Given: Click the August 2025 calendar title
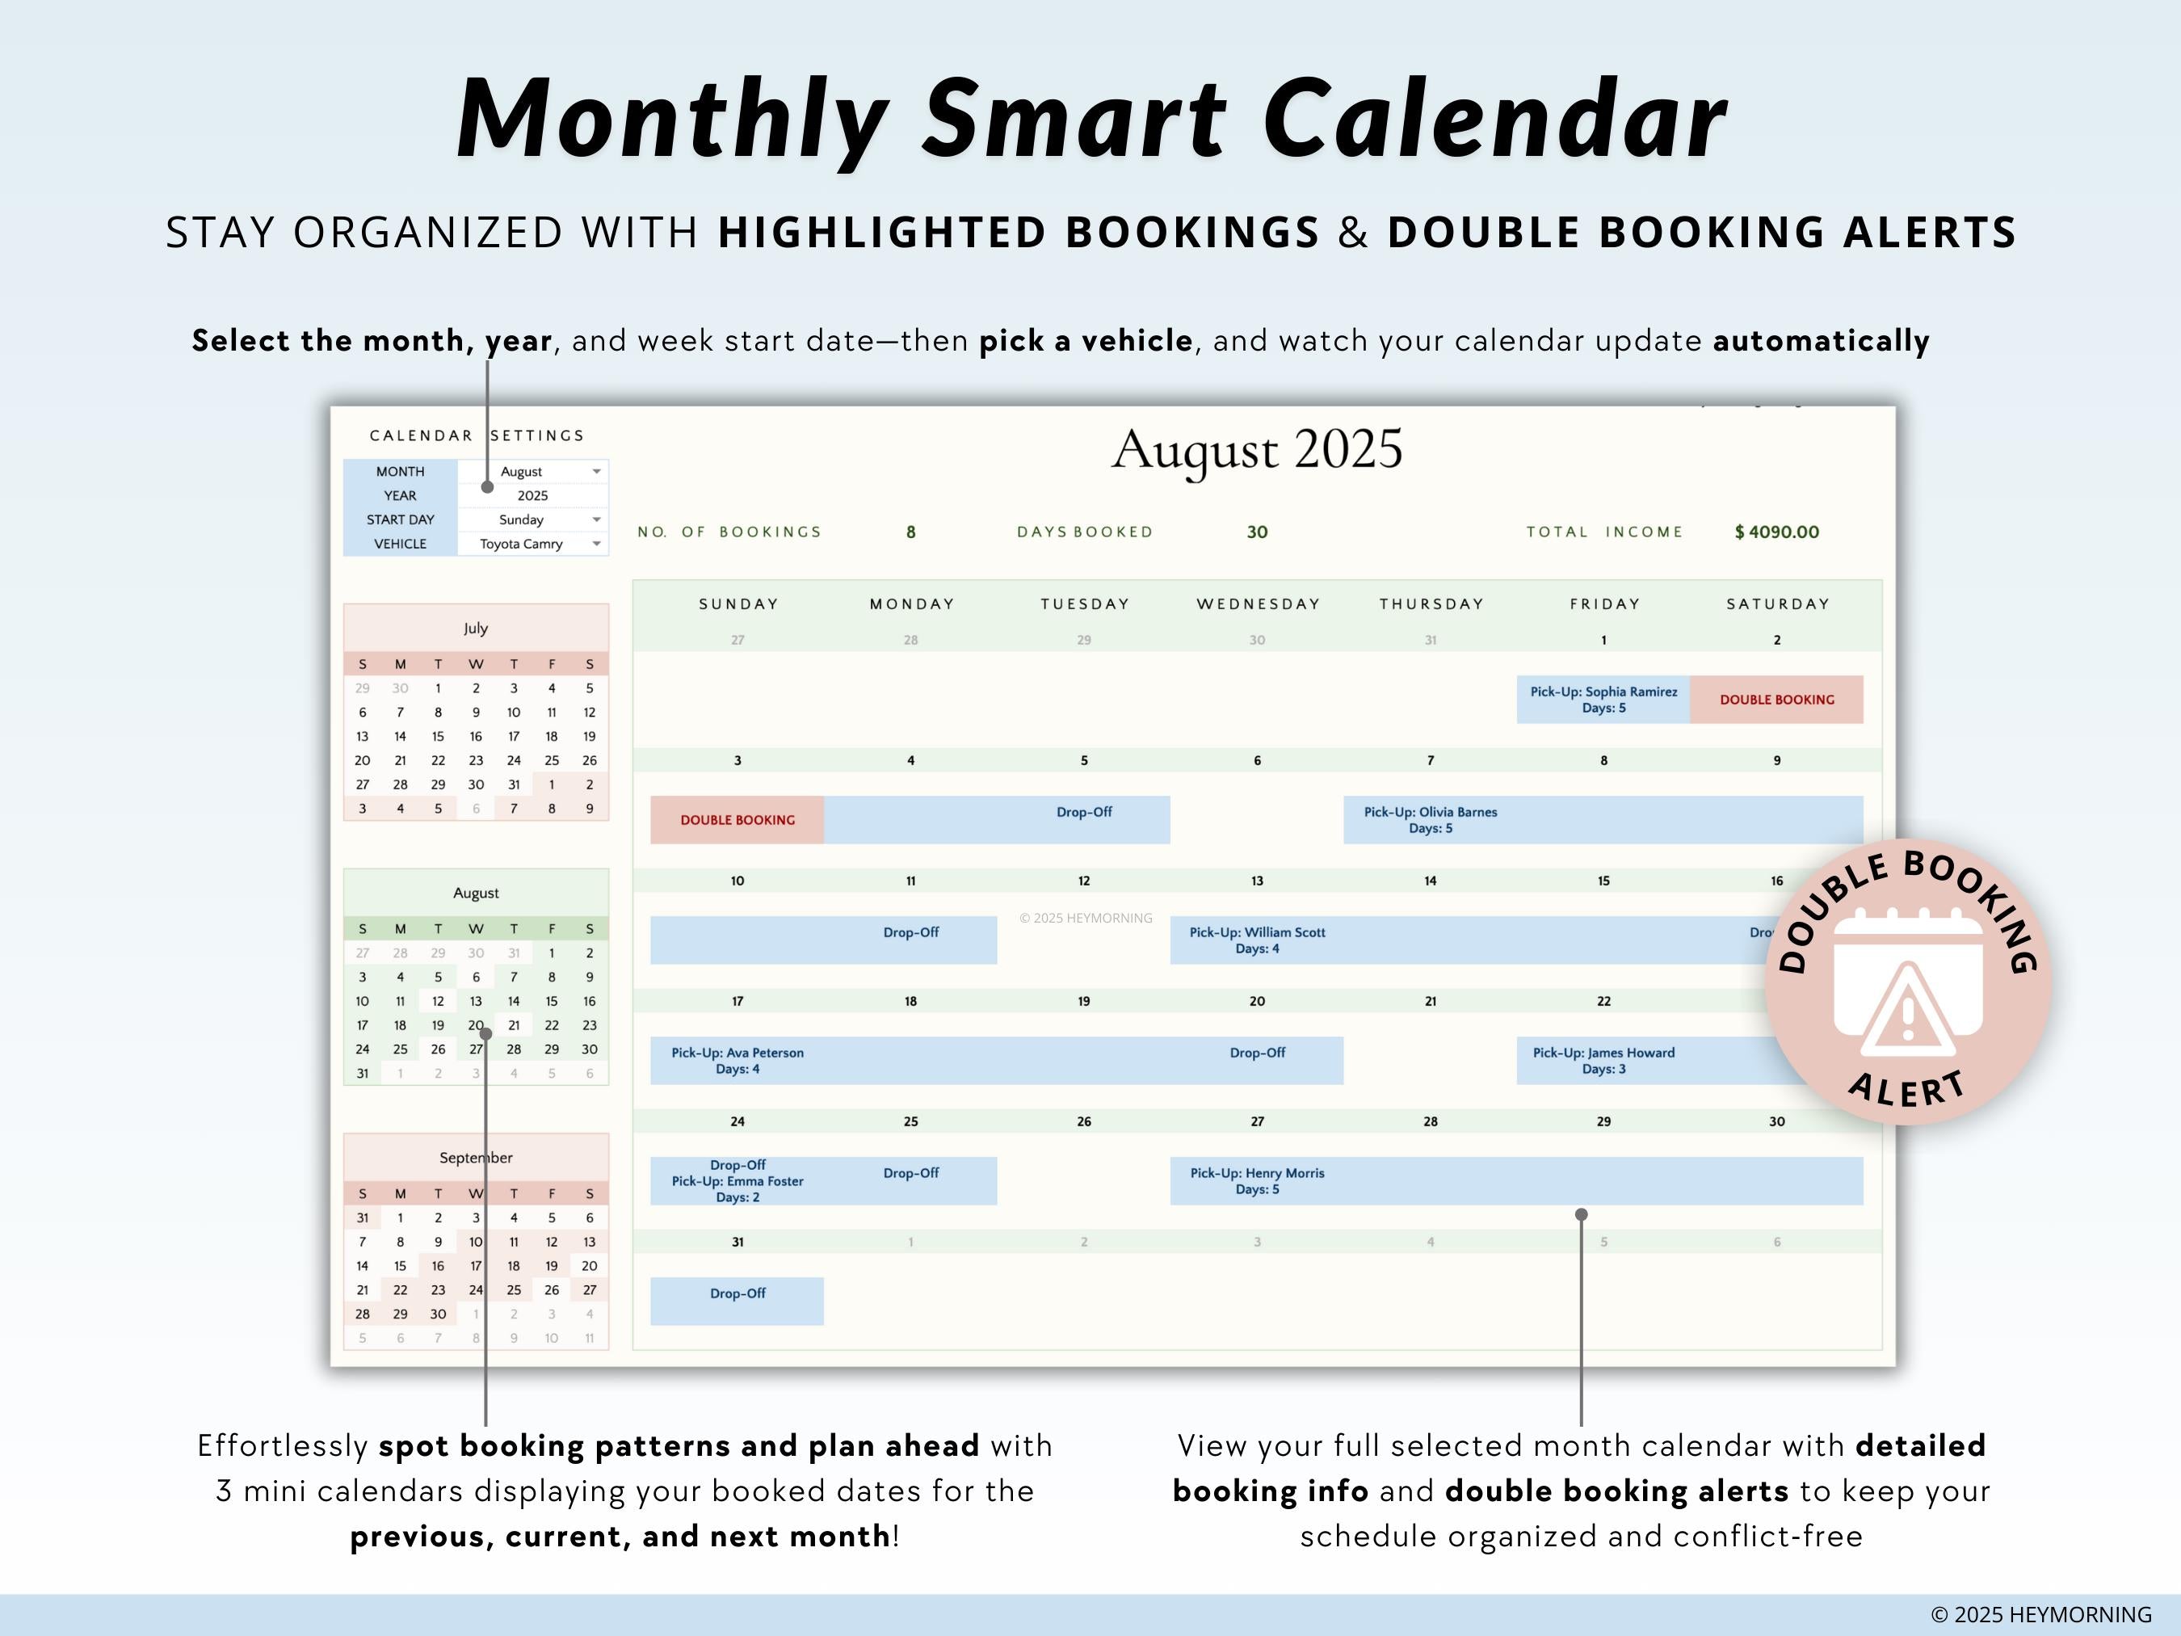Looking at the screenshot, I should [x=1256, y=450].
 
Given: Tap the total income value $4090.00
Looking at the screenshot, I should [x=1777, y=532].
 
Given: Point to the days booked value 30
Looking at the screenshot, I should [x=1256, y=532].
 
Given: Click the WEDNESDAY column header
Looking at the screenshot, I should [x=1259, y=604].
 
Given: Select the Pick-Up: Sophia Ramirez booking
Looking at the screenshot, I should [x=1603, y=699].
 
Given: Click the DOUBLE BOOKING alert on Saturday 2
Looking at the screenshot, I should [x=1777, y=699].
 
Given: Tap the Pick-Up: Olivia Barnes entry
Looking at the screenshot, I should [x=1430, y=819].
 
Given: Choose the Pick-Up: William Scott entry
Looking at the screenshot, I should [x=1257, y=940].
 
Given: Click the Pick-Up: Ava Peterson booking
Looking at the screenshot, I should [x=738, y=1060].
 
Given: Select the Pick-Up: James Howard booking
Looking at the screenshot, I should [x=1603, y=1060].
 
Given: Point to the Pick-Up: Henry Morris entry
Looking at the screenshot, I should [x=1257, y=1180].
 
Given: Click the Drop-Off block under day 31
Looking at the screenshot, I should [x=738, y=1300].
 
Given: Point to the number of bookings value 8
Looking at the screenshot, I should [x=911, y=532].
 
